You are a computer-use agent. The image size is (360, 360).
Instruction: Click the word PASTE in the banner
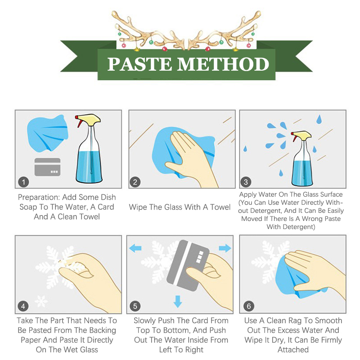(x=139, y=64)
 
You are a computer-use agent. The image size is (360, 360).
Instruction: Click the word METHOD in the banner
(x=223, y=64)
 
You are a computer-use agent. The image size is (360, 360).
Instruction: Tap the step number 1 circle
(x=23, y=182)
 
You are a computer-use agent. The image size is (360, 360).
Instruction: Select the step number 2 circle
(x=135, y=182)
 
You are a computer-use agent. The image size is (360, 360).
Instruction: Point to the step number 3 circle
(x=246, y=182)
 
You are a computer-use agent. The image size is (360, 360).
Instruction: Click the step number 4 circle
(x=23, y=306)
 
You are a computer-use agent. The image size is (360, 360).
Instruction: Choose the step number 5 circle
(x=135, y=306)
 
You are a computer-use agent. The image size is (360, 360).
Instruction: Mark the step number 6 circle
(x=249, y=306)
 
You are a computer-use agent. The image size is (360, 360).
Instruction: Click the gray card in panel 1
(x=48, y=167)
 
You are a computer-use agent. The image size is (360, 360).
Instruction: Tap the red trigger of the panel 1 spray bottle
(x=79, y=121)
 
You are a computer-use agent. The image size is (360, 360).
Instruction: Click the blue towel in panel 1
(x=48, y=133)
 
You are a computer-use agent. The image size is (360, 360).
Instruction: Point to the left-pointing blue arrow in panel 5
(x=135, y=248)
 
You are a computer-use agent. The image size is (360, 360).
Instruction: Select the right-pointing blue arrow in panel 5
(x=225, y=248)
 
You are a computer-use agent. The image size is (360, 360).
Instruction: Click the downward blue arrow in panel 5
(x=178, y=301)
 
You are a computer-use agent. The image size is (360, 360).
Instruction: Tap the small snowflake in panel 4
(x=41, y=301)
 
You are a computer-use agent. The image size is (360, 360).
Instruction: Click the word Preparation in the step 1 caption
(x=39, y=198)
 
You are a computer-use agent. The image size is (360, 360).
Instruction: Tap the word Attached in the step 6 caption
(x=293, y=350)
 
